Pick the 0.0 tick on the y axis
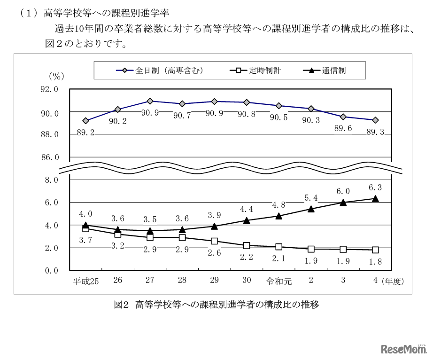point(51,271)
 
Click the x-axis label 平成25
point(85,281)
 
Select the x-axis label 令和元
point(279,281)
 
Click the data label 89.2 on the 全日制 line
point(85,133)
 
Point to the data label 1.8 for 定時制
point(375,262)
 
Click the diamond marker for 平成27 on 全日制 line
point(150,101)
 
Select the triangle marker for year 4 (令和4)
point(375,199)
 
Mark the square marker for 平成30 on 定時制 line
point(247,245)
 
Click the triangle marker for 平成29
point(214,226)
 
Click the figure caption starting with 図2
point(216,305)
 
